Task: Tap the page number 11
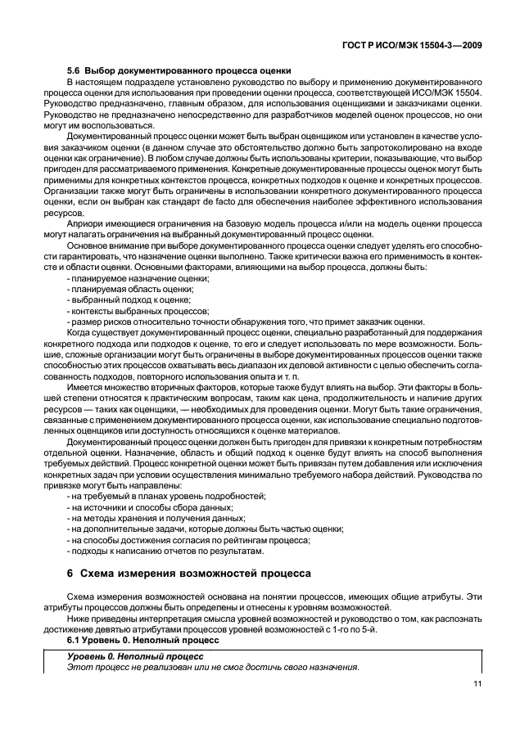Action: click(x=477, y=686)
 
